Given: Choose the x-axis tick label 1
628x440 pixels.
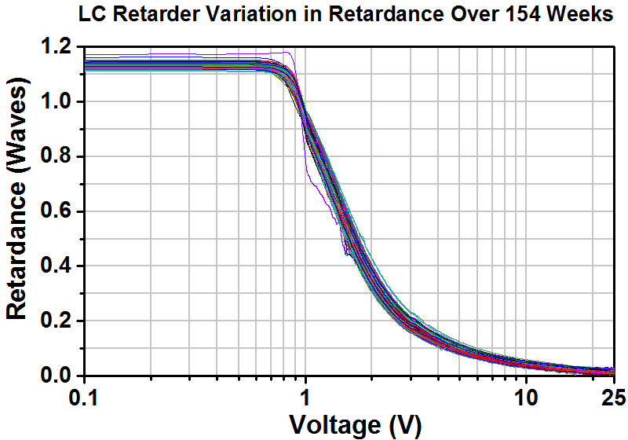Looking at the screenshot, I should coord(305,398).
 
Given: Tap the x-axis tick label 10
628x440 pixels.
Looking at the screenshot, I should coord(525,398).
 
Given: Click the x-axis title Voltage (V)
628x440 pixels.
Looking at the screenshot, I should coord(356,424).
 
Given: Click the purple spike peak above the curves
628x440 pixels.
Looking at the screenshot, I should coord(288,53).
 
